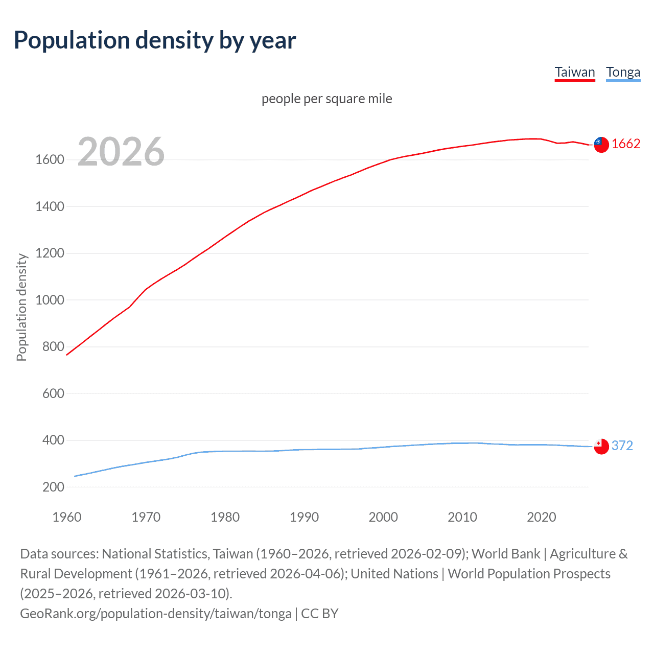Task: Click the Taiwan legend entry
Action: tap(575, 72)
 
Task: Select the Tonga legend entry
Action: tap(623, 72)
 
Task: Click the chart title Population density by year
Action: tap(155, 40)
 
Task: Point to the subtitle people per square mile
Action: tap(326, 99)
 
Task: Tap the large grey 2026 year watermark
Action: tap(121, 152)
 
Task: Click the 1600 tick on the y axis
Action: tap(50, 160)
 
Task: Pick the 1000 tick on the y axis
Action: tap(50, 300)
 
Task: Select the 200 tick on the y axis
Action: tap(53, 487)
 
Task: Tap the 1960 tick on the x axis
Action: tap(67, 517)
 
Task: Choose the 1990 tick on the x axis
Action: tap(304, 517)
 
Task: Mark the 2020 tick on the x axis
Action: tap(541, 517)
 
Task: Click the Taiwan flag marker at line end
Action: tap(601, 145)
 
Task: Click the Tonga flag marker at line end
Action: tap(601, 447)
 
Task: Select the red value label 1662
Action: tap(626, 144)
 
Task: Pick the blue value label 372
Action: tap(622, 446)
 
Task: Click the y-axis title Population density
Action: tap(21, 308)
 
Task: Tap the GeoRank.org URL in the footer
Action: tap(155, 614)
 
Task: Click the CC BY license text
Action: tap(320, 614)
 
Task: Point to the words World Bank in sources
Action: tap(505, 554)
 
